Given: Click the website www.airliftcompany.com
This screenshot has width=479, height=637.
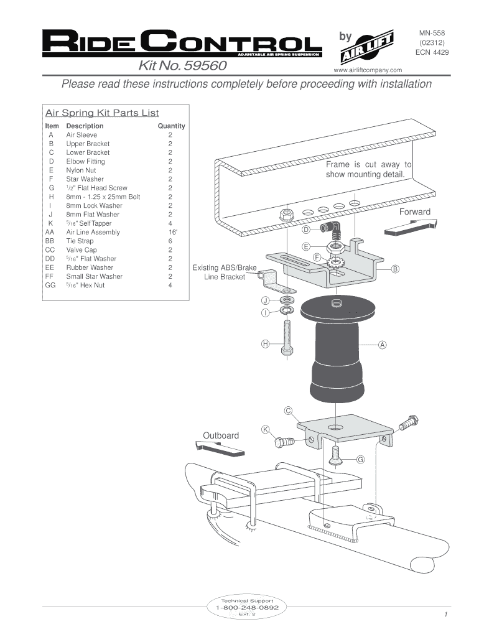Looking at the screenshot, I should click(369, 70).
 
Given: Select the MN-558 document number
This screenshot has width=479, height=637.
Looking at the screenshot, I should click(432, 32).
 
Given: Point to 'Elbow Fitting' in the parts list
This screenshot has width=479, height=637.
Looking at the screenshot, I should click(86, 161).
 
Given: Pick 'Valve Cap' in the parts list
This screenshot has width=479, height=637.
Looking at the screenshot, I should click(81, 250).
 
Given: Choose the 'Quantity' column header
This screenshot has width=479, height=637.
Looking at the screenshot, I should click(171, 126).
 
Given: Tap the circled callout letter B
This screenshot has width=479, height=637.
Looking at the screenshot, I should click(395, 269).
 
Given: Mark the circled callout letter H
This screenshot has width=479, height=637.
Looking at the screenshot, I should click(265, 343).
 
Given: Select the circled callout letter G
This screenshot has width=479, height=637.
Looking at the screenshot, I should click(360, 460).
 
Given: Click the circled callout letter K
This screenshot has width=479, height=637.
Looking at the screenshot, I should click(265, 429).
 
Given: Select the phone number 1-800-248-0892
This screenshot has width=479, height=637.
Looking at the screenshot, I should click(247, 607).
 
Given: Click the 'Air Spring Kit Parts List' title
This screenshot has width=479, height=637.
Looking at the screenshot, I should click(102, 113).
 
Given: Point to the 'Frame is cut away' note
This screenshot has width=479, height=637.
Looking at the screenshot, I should click(368, 169).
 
